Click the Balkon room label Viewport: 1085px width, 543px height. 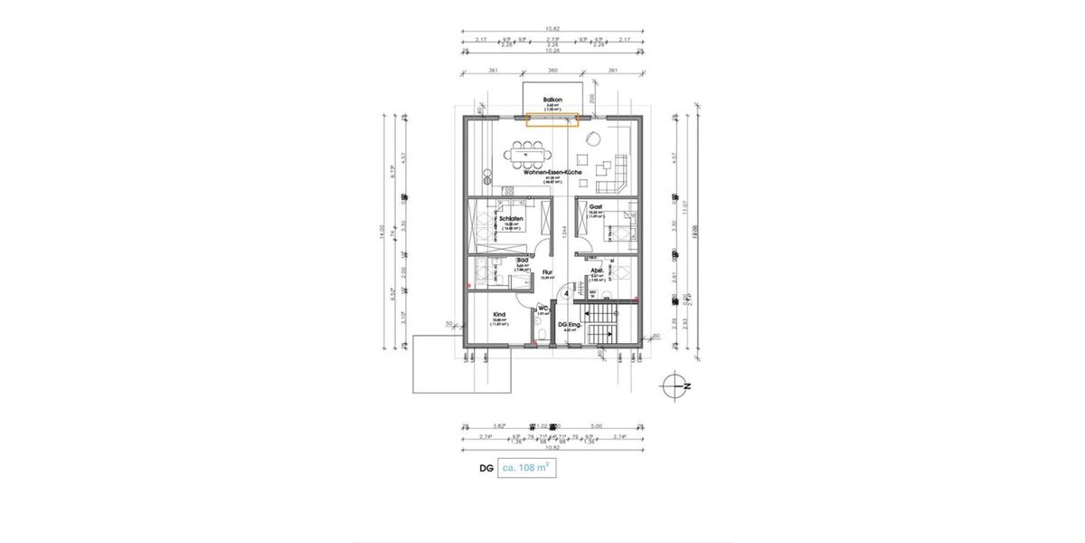552,99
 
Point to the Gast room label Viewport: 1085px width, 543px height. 596,207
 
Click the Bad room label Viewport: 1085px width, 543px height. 522,260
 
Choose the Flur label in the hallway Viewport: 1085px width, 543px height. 546,271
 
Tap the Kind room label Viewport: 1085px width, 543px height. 498,316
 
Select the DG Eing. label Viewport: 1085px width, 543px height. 569,325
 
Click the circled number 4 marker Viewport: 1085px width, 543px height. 566,293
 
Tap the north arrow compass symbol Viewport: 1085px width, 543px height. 675,386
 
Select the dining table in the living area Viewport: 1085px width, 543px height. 527,156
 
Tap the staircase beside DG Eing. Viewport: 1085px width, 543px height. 600,326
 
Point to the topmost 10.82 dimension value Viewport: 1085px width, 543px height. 552,28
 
